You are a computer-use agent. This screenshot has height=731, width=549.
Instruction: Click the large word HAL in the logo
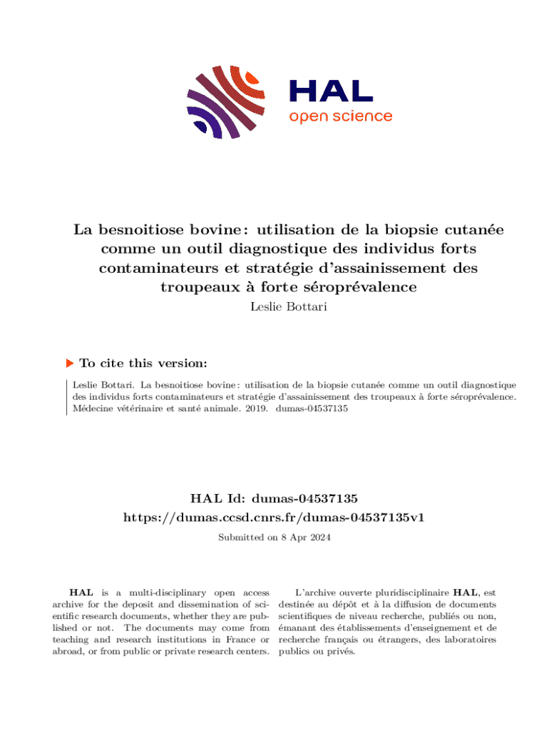[x=331, y=90]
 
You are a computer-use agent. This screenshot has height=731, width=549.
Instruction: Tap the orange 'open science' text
[x=340, y=116]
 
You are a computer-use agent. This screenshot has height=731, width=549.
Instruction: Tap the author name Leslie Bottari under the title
[x=274, y=308]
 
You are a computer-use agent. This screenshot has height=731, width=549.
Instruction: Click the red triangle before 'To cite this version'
[x=69, y=363]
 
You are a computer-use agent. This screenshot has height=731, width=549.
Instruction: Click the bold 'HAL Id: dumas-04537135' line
[x=274, y=498]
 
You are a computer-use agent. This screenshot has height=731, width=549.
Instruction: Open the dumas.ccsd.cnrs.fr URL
[x=274, y=517]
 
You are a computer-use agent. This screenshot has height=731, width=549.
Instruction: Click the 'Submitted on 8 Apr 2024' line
[x=274, y=537]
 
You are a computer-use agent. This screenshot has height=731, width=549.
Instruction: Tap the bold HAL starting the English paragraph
[x=79, y=593]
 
